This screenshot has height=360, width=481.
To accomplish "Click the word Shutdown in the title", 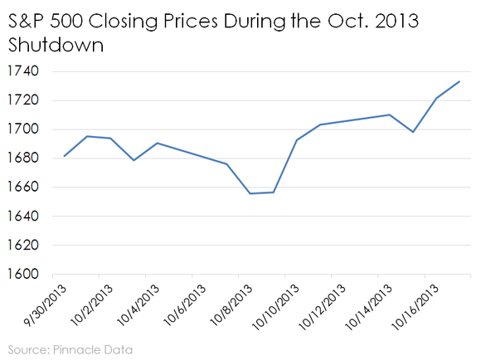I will (x=55, y=45).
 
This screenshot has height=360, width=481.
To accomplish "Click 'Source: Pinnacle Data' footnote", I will (x=70, y=349).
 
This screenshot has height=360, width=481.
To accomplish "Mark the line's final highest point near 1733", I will (x=459, y=81).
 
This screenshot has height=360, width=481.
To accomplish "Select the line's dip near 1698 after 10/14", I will (x=413, y=132).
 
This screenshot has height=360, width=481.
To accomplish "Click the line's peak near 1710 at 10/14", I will (x=390, y=114).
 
